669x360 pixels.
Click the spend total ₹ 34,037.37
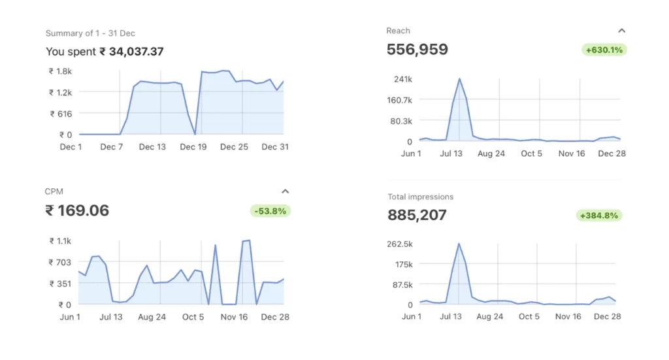tap(131, 52)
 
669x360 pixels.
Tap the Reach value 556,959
tap(417, 50)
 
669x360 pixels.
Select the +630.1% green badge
tap(604, 50)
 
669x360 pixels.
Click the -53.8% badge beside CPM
tap(270, 211)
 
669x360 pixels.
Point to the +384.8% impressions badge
tap(599, 215)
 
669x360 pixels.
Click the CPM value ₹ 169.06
tap(77, 210)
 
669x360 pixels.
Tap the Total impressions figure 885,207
tap(417, 215)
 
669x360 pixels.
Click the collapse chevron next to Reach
tap(622, 31)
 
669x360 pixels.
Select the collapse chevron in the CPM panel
tap(285, 191)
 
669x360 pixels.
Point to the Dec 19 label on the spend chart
tap(193, 147)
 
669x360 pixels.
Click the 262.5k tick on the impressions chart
tap(399, 244)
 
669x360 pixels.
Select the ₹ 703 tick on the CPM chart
tap(60, 262)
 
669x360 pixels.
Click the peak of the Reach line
tap(459, 79)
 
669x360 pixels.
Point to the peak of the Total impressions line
tap(459, 244)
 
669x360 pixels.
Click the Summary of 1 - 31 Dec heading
tap(90, 33)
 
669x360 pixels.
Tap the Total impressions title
tap(420, 197)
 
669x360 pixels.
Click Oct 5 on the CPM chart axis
tap(193, 317)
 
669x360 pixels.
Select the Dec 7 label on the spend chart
tap(112, 147)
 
